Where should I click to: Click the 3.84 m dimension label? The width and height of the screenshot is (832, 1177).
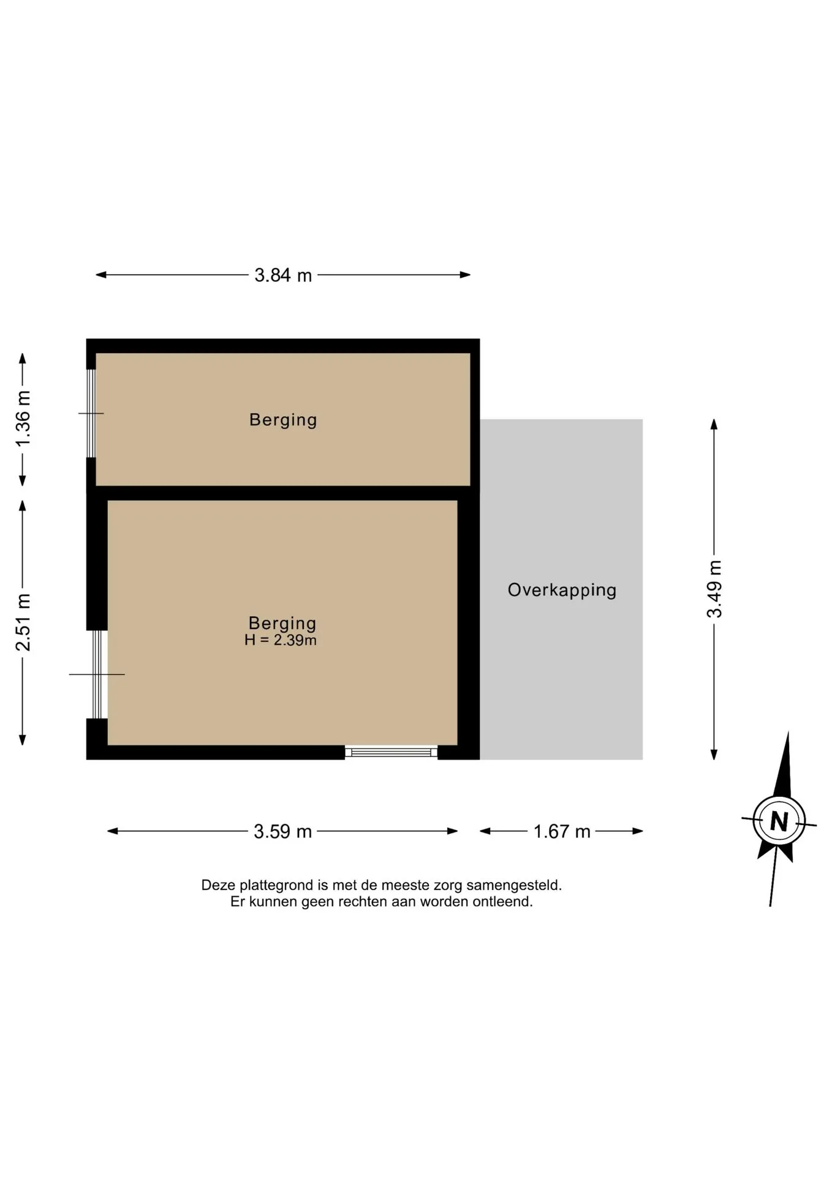coord(283,275)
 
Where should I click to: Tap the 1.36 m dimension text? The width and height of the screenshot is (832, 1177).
coord(23,419)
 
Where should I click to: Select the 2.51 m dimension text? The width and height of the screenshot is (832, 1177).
coord(23,622)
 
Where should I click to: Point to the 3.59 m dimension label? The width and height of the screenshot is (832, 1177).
coord(282,832)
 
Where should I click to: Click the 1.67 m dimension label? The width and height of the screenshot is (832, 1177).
coord(562,832)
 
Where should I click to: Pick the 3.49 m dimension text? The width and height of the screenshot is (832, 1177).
coord(714,589)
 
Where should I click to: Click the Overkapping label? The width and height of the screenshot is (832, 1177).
coord(562,590)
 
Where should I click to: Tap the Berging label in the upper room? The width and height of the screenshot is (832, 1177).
coord(283,420)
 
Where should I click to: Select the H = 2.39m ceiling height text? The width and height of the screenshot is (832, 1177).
coord(281,641)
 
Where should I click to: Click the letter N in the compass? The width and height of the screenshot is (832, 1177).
coord(779,821)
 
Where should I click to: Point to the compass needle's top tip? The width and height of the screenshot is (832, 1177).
coord(788,732)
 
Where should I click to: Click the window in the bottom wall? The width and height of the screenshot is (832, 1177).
coord(391,752)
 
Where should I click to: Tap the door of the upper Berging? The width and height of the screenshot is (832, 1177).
coord(91,413)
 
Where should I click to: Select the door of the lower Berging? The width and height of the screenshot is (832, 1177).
coord(97,674)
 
